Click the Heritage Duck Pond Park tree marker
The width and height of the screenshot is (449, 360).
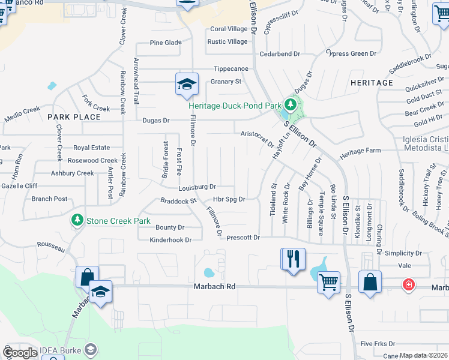(291, 106)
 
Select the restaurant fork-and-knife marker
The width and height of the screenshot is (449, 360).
(293, 260)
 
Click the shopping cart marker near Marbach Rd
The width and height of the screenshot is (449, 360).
(328, 282)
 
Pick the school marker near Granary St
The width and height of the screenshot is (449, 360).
(186, 84)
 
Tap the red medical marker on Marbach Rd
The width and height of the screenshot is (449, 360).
(409, 284)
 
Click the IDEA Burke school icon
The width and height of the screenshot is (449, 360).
(91, 349)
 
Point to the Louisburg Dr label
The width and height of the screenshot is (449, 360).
(197, 187)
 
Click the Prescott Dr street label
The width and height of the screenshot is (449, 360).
(243, 238)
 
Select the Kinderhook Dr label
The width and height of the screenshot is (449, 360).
(170, 240)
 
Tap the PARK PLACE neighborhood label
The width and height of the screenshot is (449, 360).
(74, 117)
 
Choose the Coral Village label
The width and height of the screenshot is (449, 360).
(229, 29)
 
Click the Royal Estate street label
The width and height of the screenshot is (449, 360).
(92, 148)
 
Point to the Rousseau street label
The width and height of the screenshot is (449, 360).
(50, 245)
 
